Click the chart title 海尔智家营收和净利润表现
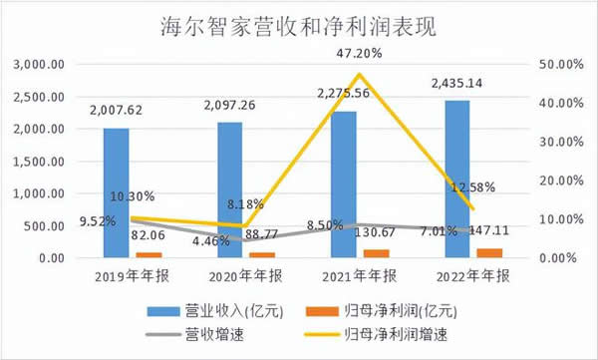pyautogui.click(x=298, y=25)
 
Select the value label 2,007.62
pyautogui.click(x=117, y=112)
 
